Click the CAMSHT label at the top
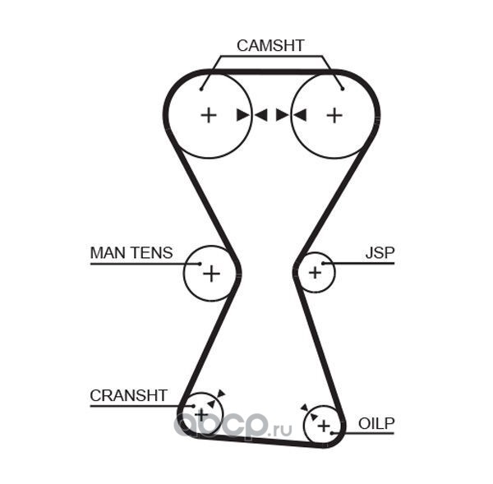(x=270, y=45)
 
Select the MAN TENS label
(x=131, y=253)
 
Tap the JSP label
(x=380, y=253)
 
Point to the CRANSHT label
(x=128, y=395)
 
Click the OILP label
(x=376, y=424)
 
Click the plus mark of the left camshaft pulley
(x=209, y=115)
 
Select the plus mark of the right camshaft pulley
(x=334, y=115)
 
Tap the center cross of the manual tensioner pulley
(x=212, y=274)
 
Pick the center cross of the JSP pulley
(x=315, y=272)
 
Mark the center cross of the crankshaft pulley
(x=201, y=415)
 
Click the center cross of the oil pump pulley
(x=324, y=426)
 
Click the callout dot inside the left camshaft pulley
(x=201, y=90)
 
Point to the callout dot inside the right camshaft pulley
(x=343, y=89)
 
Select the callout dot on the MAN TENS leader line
(x=200, y=264)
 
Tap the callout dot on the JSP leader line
(x=323, y=263)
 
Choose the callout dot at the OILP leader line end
(x=332, y=433)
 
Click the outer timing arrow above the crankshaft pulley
(x=222, y=393)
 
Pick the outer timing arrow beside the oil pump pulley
(x=304, y=408)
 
